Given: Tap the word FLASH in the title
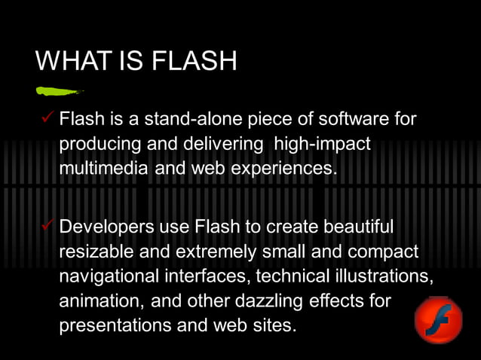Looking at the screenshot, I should click(x=195, y=60).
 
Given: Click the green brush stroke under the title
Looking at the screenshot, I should click(x=58, y=91).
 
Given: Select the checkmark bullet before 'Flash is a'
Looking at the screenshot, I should click(x=48, y=118).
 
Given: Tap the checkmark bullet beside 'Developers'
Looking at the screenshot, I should click(x=48, y=226).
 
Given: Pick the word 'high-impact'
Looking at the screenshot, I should click(x=323, y=143).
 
